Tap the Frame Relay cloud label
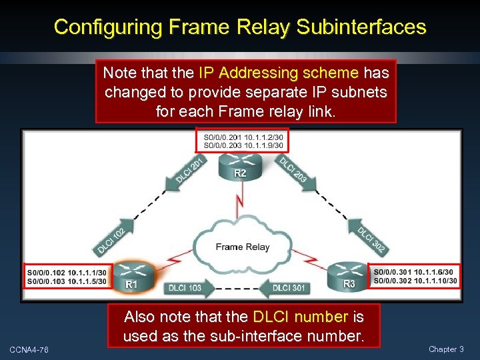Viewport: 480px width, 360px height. pos(242,247)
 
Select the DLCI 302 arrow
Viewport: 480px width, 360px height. pos(371,240)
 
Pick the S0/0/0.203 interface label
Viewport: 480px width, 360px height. pos(219,145)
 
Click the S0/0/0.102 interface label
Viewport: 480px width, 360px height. pos(46,272)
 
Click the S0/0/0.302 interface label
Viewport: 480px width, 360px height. pos(393,281)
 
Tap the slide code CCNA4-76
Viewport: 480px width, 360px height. pos(29,350)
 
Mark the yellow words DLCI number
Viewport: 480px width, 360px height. pos(301,316)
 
